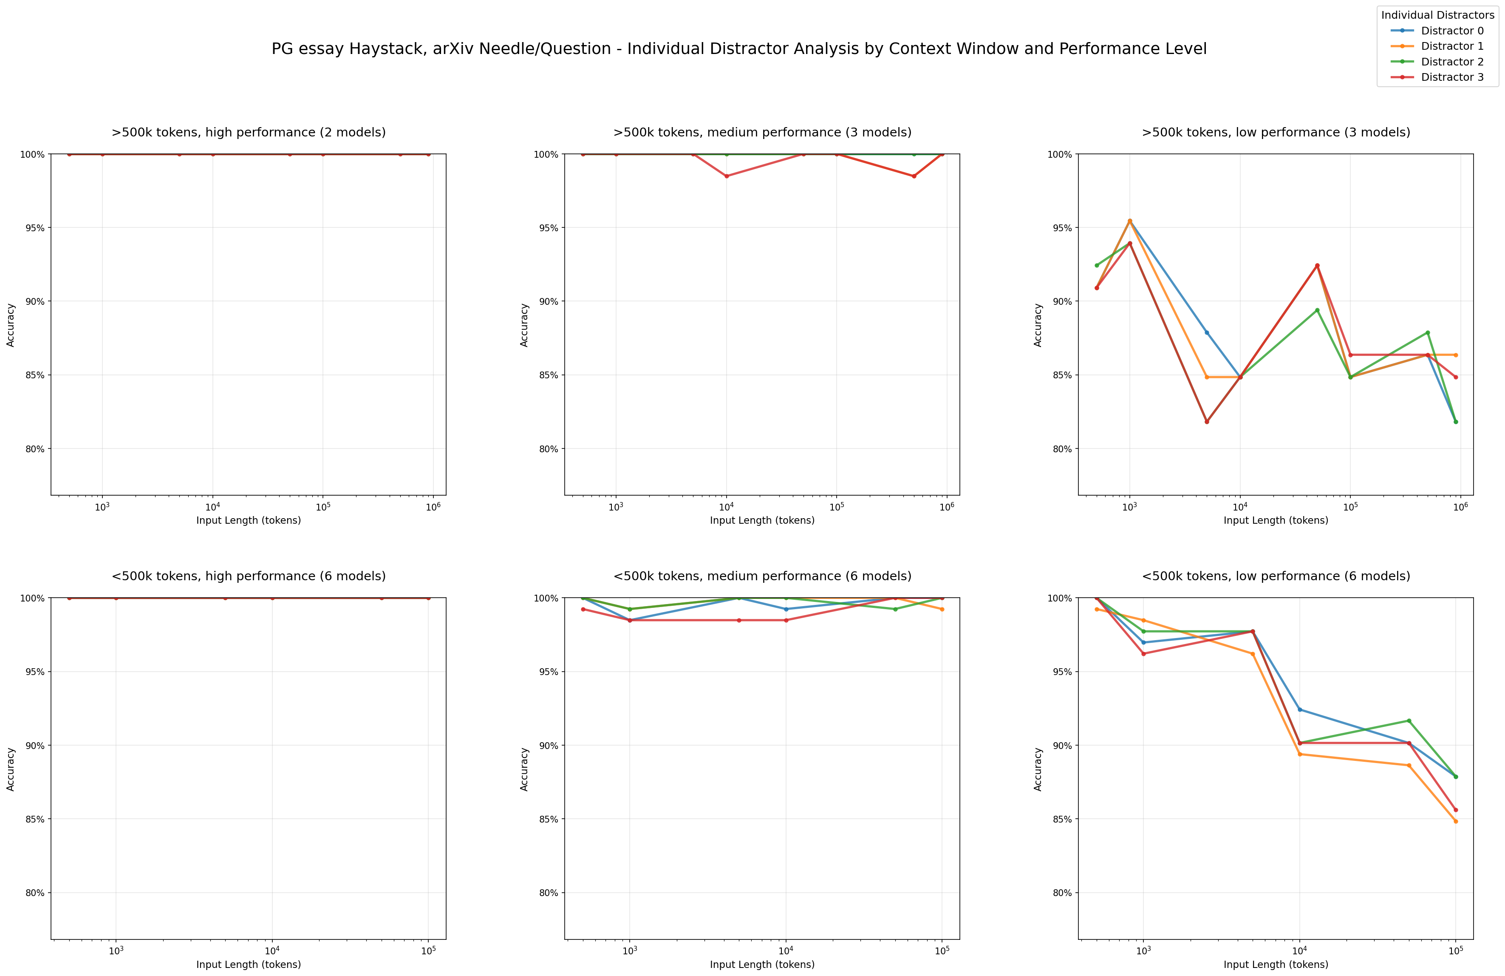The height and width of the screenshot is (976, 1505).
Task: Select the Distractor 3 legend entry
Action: pyautogui.click(x=1451, y=77)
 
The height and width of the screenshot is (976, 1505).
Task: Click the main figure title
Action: pyautogui.click(x=738, y=49)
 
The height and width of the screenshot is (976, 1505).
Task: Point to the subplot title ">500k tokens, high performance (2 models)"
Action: pyautogui.click(x=249, y=132)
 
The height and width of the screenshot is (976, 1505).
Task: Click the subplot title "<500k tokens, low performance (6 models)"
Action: pyautogui.click(x=1276, y=576)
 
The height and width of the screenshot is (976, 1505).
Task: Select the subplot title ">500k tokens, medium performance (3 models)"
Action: pyautogui.click(x=762, y=132)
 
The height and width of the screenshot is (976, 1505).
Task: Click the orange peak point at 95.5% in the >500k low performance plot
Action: pyautogui.click(x=1129, y=221)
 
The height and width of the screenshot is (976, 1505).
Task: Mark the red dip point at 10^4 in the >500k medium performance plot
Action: pyautogui.click(x=727, y=176)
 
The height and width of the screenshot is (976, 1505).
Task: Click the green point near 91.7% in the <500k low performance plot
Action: pyautogui.click(x=1409, y=721)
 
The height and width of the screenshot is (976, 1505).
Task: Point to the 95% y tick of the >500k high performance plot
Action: pyautogui.click(x=35, y=228)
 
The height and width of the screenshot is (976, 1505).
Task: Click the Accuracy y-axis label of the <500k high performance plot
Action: pyautogui.click(x=11, y=769)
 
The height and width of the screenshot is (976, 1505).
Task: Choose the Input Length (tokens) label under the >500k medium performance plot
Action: pyautogui.click(x=762, y=521)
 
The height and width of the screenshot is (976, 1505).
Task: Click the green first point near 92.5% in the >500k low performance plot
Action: pyautogui.click(x=1097, y=265)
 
